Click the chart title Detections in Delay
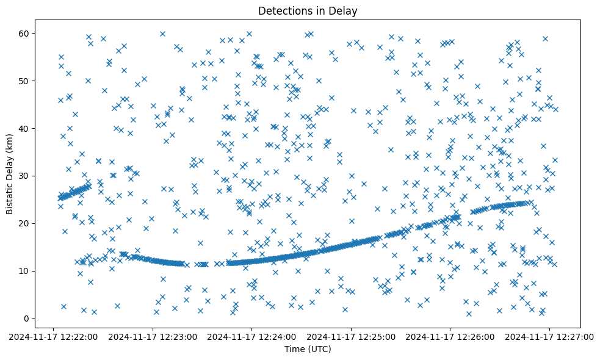tap(307, 11)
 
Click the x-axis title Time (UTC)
tap(307, 349)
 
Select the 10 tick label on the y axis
tap(25, 271)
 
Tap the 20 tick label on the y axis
tap(25, 223)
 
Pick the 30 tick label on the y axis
tap(25, 176)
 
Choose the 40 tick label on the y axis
tap(25, 128)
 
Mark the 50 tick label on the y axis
tap(25, 81)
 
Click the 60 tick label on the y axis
tap(25, 33)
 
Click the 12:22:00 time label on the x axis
tap(54, 336)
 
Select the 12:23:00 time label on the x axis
tap(153, 336)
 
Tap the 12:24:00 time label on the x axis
tap(252, 336)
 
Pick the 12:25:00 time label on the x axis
tap(351, 336)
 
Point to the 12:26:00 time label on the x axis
tap(450, 336)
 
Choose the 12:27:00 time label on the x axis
tap(549, 336)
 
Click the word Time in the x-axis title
tap(294, 349)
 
